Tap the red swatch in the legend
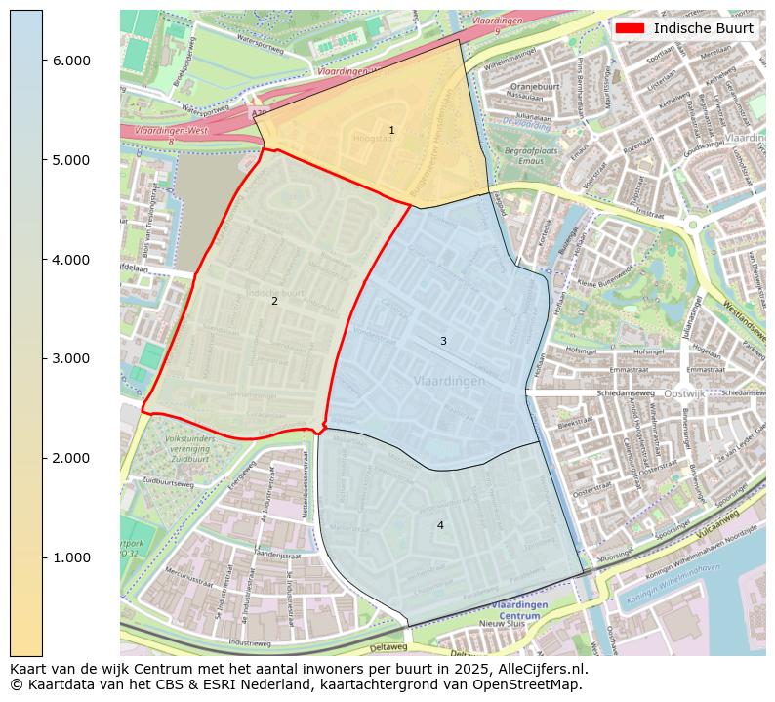(630, 28)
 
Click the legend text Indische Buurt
(703, 28)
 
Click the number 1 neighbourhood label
(391, 130)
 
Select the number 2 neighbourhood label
(274, 301)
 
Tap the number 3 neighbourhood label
(443, 341)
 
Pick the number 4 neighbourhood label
(440, 525)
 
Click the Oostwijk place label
(683, 392)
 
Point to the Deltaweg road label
(388, 646)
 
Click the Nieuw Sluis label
(502, 623)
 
